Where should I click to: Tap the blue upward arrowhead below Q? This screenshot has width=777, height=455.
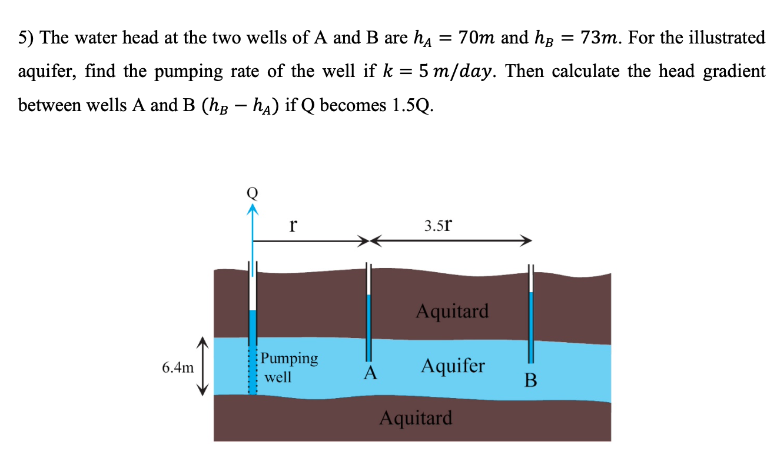pos(253,208)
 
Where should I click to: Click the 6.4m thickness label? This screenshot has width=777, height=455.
pos(178,368)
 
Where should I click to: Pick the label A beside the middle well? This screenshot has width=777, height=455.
pos(370,373)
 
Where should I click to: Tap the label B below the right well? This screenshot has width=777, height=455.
pos(530,381)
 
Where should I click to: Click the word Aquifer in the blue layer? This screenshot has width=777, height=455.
pos(453,366)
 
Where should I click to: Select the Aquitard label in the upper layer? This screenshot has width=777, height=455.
pos(452,310)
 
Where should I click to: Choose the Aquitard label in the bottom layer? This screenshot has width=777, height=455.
pos(416,418)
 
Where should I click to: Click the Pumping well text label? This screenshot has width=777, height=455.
pos(288,367)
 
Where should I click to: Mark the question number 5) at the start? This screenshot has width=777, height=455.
pos(25,38)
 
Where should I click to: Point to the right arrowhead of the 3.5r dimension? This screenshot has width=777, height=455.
pos(527,240)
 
